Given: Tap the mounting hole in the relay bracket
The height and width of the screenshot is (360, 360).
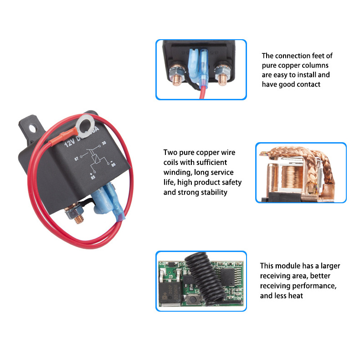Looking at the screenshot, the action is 33,129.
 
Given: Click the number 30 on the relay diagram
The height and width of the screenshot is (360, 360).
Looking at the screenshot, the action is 104,143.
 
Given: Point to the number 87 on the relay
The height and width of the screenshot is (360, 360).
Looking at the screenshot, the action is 77,159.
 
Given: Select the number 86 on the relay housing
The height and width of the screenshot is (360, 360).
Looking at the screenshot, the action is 113,165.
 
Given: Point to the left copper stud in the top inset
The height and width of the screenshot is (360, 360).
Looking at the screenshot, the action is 177,80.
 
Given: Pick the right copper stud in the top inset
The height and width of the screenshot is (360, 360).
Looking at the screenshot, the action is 222,79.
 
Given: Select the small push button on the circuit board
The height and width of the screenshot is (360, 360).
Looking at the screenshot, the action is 193,299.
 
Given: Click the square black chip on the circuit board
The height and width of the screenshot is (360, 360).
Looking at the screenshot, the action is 227,277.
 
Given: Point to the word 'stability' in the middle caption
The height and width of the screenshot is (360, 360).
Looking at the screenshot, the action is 213,192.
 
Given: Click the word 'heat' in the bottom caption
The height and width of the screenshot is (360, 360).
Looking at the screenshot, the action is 295,296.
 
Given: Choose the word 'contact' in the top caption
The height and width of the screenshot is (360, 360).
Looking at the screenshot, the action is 309,84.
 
